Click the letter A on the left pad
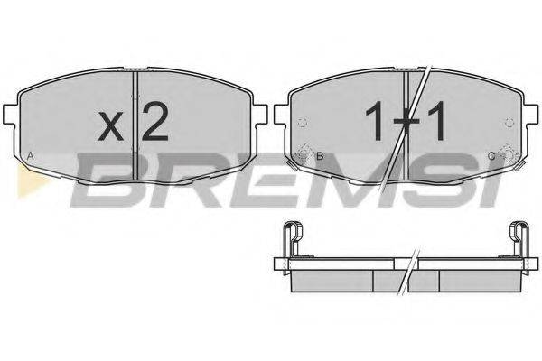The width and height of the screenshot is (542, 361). click(31, 156)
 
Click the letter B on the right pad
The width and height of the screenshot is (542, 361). click(320, 156)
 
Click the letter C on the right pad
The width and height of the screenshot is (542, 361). click(491, 156)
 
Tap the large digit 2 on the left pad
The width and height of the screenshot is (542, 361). click(155, 122)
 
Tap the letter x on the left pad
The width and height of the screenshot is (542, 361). click(111, 125)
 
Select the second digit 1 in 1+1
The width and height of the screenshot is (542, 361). click(436, 121)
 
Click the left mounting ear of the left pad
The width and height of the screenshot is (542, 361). click(9, 114)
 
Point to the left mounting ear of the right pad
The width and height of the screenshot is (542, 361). click(281, 114)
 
